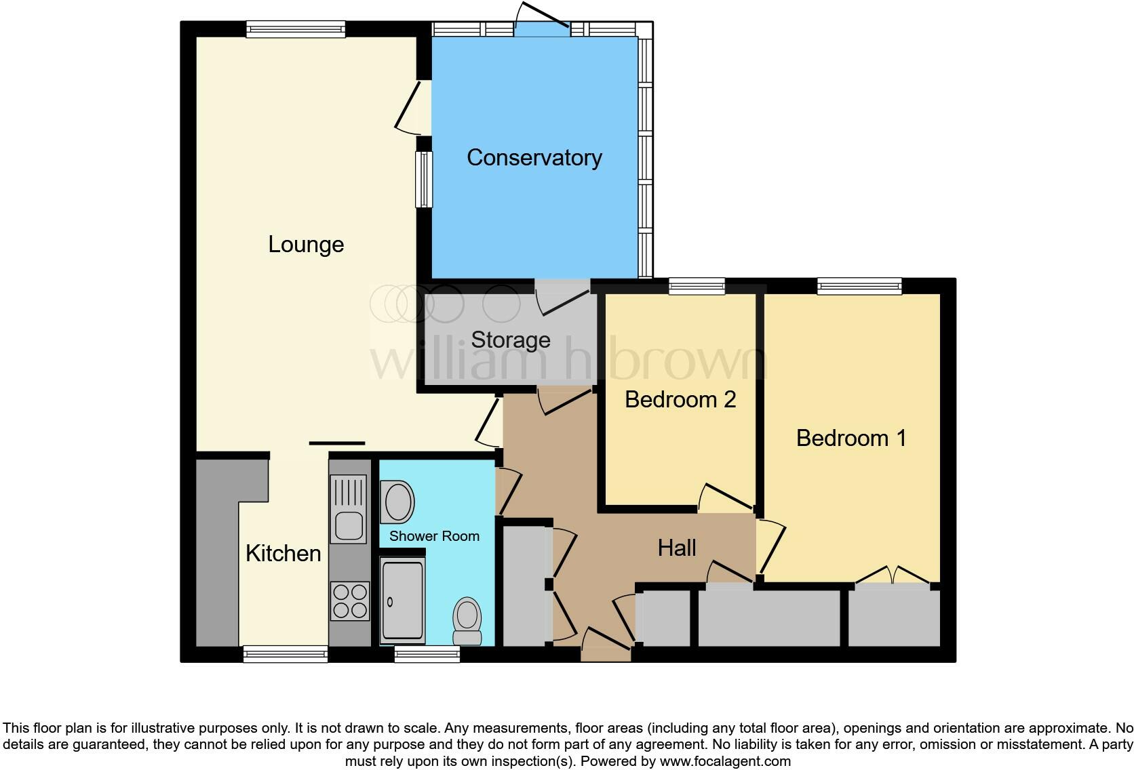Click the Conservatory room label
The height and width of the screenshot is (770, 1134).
click(534, 158)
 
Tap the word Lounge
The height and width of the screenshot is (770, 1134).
click(306, 245)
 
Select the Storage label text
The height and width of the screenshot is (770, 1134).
click(510, 340)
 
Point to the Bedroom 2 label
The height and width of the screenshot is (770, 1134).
click(680, 399)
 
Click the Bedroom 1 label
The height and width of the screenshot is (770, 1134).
click(850, 438)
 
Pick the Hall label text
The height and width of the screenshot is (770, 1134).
click(677, 548)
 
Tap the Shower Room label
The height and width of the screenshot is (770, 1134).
click(434, 536)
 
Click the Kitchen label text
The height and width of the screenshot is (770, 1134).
click(283, 554)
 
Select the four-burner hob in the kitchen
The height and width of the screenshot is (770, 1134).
click(350, 601)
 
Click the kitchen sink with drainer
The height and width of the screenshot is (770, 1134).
click(349, 509)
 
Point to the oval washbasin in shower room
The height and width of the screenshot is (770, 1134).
click(397, 502)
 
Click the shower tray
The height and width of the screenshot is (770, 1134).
click(402, 601)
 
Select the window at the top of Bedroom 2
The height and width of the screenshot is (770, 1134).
click(697, 287)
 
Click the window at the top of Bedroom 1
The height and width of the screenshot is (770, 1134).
click(859, 287)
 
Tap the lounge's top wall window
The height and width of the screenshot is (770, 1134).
click(296, 28)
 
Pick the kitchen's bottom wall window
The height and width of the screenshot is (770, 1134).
click(286, 654)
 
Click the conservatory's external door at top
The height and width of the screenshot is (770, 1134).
click(541, 28)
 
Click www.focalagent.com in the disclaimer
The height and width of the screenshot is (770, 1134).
click(724, 761)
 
